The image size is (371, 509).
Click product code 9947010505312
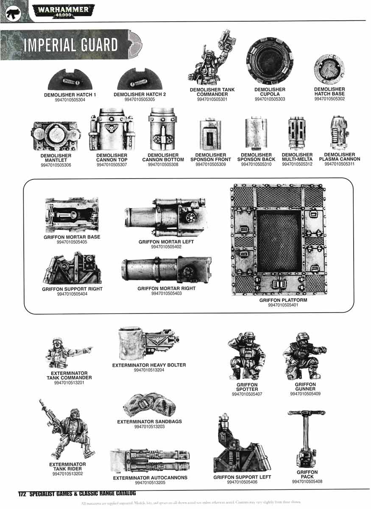pyautogui.click(x=297, y=164)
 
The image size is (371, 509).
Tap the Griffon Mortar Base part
pyautogui.click(x=72, y=215)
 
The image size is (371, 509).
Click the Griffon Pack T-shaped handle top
pyautogui.click(x=306, y=413)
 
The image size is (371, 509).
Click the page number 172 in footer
pyautogui.click(x=22, y=494)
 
